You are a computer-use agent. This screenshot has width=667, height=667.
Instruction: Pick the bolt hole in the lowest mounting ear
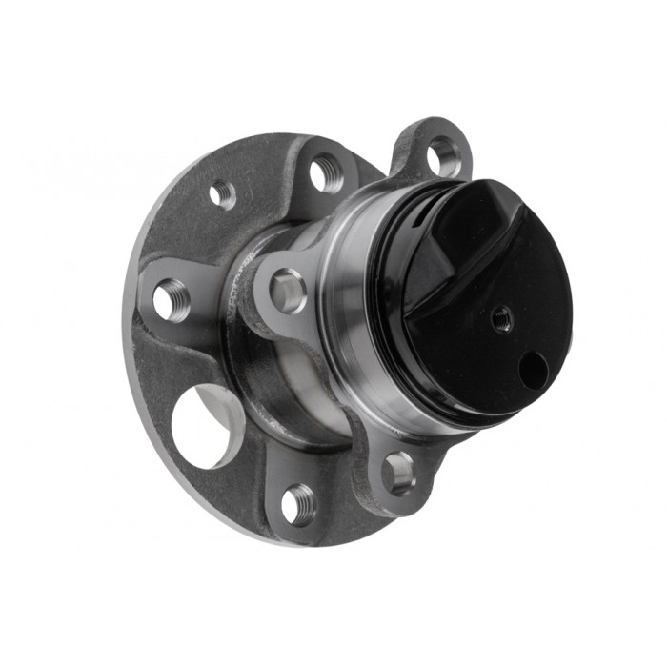pyautogui.click(x=398, y=471)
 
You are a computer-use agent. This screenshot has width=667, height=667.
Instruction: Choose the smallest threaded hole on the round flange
pyautogui.click(x=222, y=194)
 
